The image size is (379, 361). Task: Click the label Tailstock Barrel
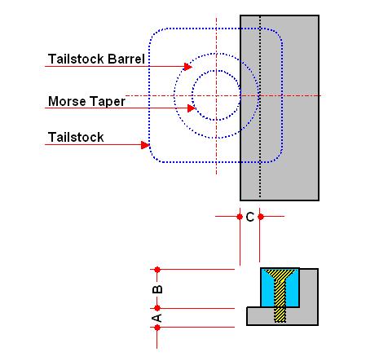tap(96, 59)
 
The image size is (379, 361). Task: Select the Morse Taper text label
tap(86, 102)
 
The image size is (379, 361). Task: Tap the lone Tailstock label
tap(76, 137)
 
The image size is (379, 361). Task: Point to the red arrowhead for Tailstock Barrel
tap(188, 66)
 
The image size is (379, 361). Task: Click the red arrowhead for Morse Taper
tap(192, 108)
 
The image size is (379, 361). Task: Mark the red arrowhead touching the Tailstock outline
tap(145, 145)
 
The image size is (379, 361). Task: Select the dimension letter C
tap(250, 217)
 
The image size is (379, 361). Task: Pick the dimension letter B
tap(157, 289)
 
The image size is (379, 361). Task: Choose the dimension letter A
tap(157, 318)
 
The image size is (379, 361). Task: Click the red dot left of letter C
tap(240, 217)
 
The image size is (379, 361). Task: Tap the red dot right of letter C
tap(261, 217)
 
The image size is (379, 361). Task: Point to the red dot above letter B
tap(157, 270)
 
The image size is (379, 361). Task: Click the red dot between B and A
tap(157, 308)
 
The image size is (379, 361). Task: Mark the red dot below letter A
tap(157, 328)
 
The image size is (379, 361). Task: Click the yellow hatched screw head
tap(280, 275)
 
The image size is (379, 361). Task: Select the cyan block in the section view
tap(267, 293)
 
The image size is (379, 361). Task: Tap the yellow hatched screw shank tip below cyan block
tap(280, 315)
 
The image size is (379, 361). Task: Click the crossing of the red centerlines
tap(217, 95)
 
